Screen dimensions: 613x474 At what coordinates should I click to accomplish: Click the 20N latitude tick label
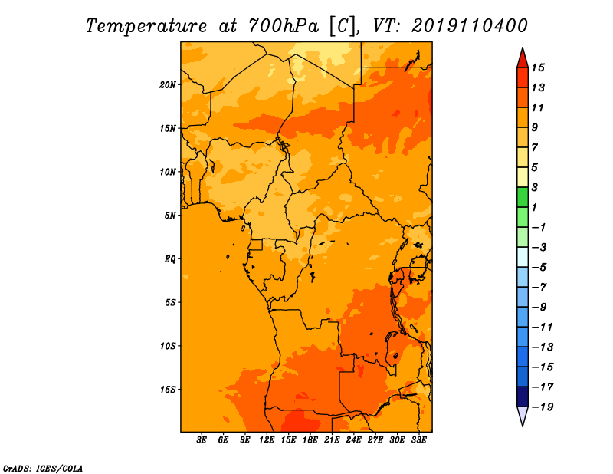(x=167, y=85)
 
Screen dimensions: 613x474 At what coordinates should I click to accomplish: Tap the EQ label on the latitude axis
(x=170, y=259)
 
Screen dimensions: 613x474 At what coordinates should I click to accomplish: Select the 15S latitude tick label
(x=168, y=390)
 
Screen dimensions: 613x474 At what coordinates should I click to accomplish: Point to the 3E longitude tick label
(x=202, y=439)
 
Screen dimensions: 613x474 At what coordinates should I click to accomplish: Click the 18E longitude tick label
(x=310, y=439)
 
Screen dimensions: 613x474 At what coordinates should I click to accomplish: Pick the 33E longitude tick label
(x=418, y=439)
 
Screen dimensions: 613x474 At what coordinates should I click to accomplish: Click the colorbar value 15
(x=538, y=67)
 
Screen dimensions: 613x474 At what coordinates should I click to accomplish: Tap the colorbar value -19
(x=543, y=407)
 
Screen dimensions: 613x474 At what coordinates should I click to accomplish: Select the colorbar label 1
(x=534, y=207)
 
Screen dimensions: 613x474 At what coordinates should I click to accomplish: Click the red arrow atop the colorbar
(x=523, y=58)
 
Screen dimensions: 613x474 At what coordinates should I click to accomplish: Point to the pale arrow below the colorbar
(x=523, y=416)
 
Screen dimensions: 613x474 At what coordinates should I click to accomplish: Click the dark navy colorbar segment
(x=523, y=397)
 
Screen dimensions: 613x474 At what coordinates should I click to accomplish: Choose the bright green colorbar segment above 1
(x=523, y=197)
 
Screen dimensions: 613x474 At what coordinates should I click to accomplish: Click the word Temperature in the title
(x=146, y=27)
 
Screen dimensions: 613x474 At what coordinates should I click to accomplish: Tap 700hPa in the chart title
(x=283, y=26)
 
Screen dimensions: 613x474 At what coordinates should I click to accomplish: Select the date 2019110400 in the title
(x=470, y=26)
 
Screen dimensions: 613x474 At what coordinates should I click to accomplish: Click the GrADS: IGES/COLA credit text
(x=43, y=469)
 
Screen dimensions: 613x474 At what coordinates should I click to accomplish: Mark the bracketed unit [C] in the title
(x=343, y=27)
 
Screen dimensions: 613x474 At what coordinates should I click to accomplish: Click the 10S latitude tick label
(x=168, y=346)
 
